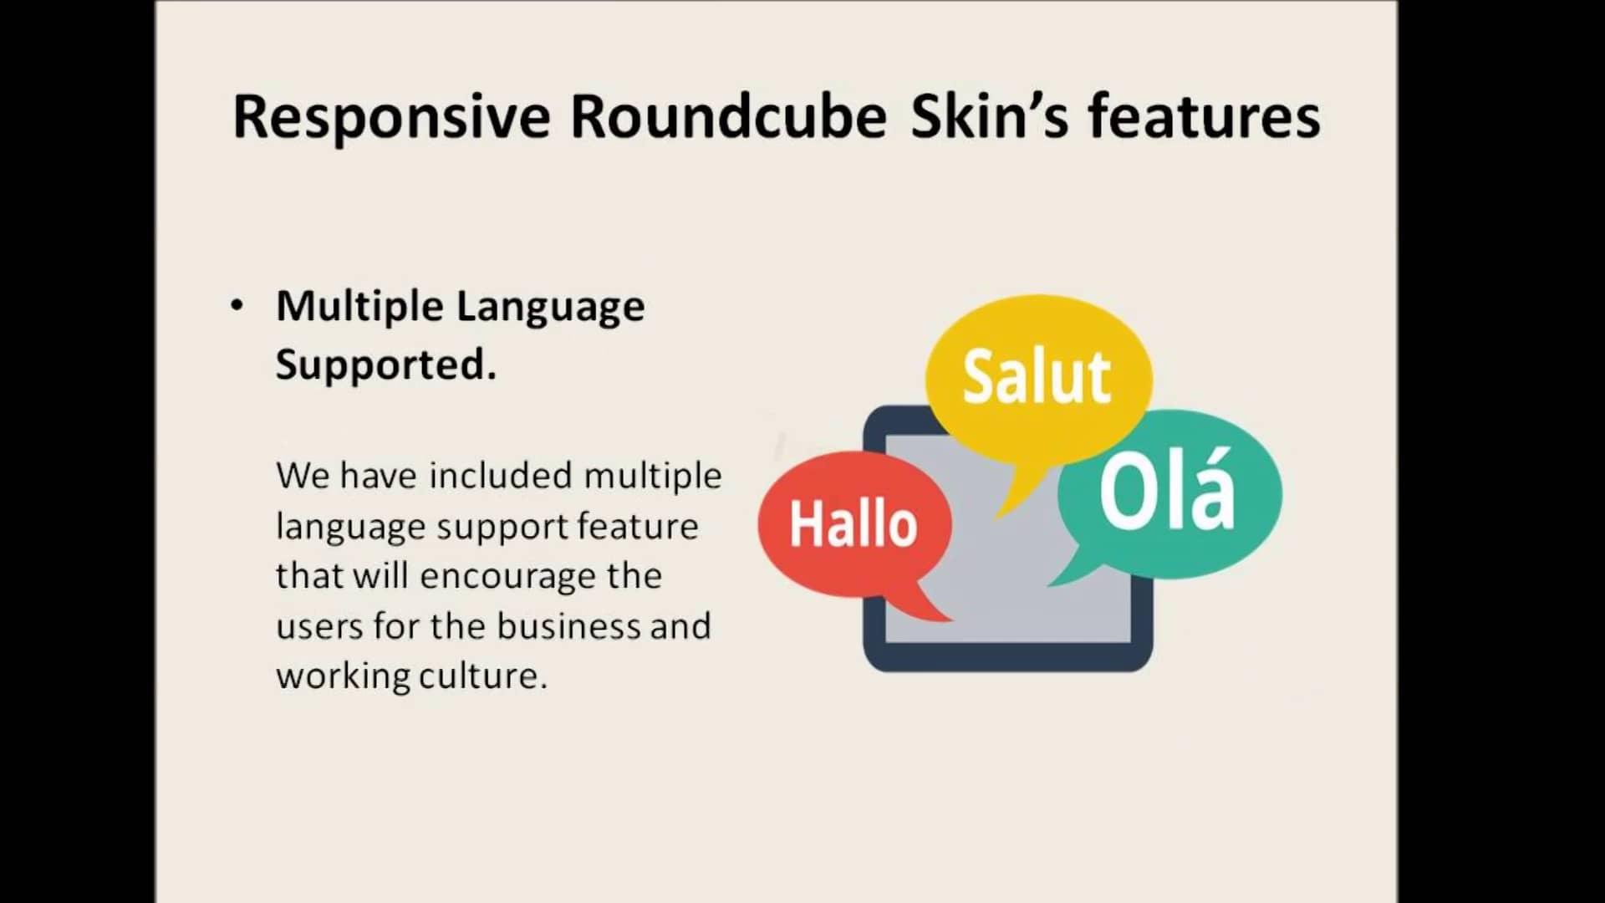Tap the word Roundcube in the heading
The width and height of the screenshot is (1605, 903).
[x=728, y=116]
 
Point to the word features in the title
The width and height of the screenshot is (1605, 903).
[x=1204, y=116]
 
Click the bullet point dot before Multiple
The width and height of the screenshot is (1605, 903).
[x=237, y=305]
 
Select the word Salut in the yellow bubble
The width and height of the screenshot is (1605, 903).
[x=1037, y=377]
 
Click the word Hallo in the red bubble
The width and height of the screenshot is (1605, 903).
[x=853, y=524]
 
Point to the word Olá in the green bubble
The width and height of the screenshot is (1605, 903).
[x=1167, y=490]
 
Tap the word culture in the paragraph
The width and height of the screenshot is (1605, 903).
[x=483, y=676]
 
